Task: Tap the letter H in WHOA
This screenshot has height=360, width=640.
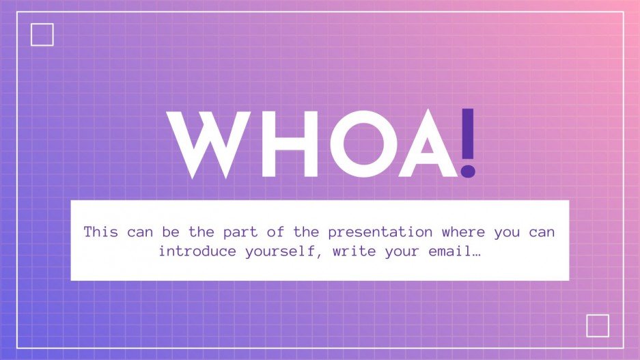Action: [x=290, y=143]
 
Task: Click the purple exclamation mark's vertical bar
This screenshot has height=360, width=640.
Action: [x=468, y=133]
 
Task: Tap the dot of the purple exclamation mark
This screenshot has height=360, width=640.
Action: [x=468, y=171]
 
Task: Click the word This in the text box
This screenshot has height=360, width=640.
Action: [x=101, y=232]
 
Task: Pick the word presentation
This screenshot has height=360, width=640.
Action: [x=380, y=233]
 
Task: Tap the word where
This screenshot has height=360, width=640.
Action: [x=463, y=232]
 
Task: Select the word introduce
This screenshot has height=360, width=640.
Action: [x=197, y=251]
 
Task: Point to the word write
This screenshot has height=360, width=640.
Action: [x=354, y=251]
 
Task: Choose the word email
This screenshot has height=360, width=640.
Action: [x=450, y=251]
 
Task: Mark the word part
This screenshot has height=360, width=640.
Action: [x=240, y=233]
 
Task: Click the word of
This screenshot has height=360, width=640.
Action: [x=275, y=232]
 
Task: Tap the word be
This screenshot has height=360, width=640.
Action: [x=171, y=232]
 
